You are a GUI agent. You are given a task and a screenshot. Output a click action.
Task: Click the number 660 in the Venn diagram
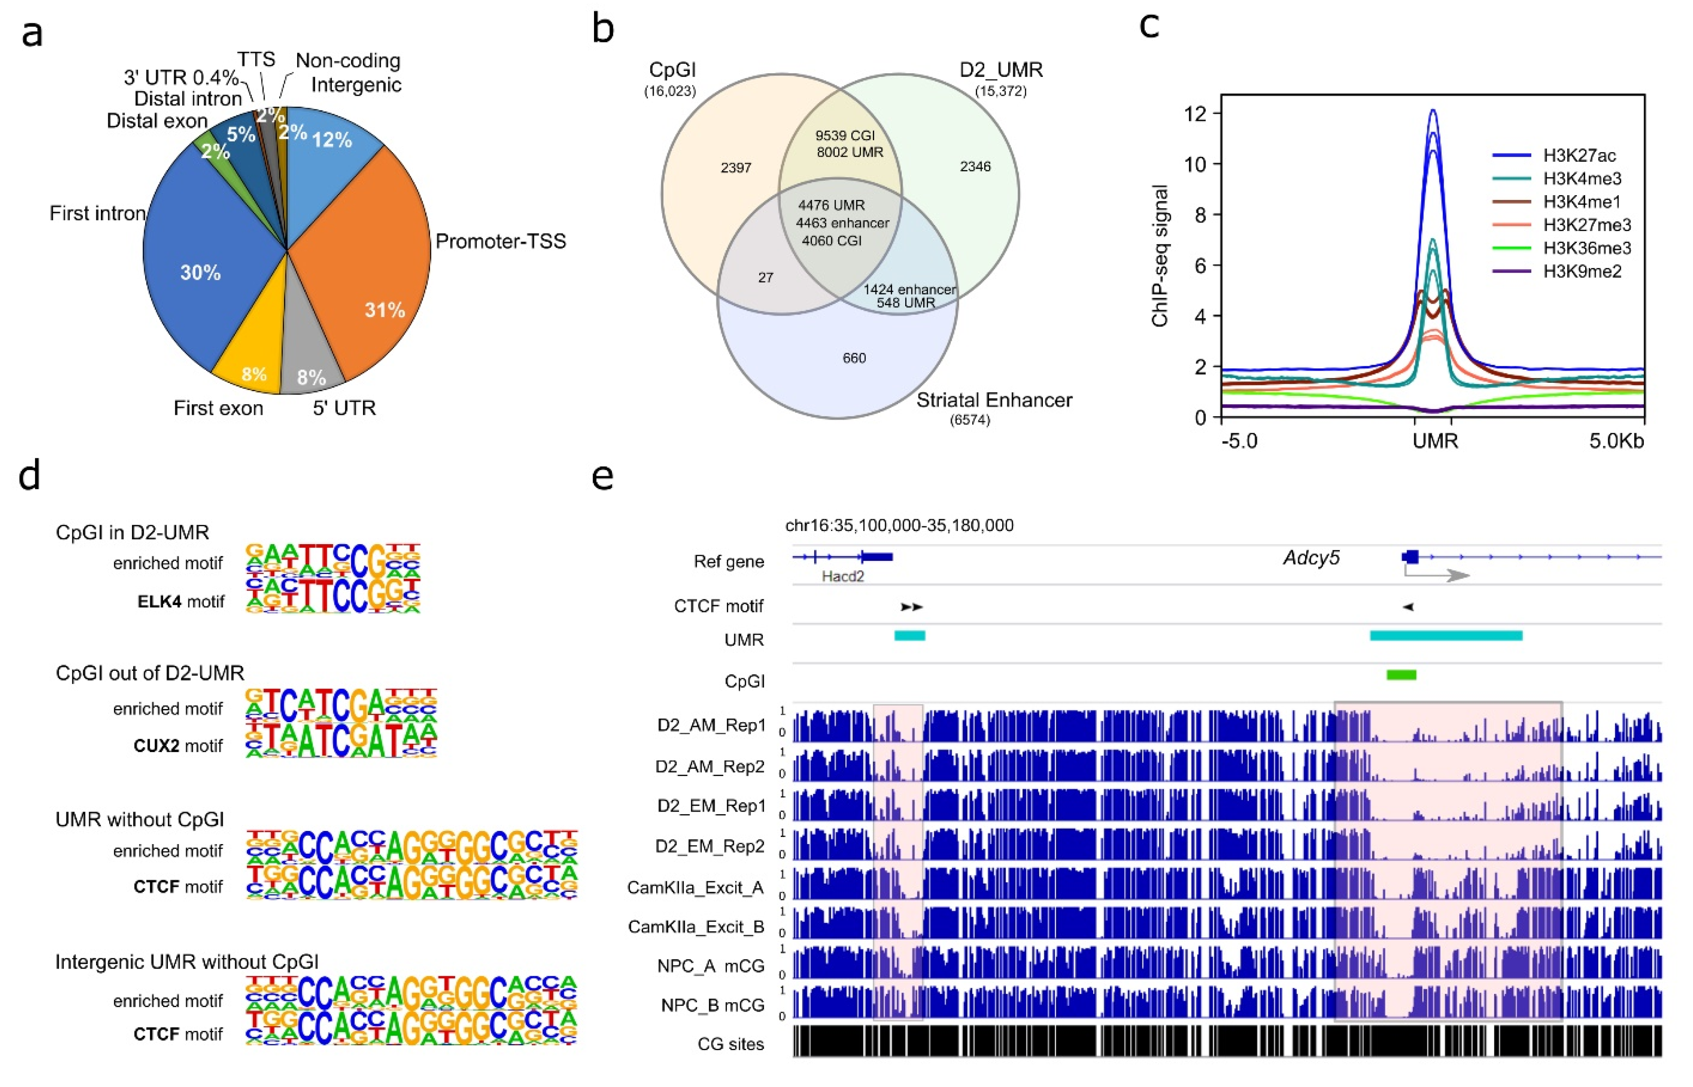(x=854, y=358)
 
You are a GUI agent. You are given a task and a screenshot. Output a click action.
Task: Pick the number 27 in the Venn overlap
(x=766, y=278)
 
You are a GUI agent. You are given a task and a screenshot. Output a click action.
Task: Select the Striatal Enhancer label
(x=994, y=400)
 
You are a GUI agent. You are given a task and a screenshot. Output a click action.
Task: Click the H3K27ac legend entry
(x=1578, y=155)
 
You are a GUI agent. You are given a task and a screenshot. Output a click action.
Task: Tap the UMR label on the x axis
(x=1435, y=441)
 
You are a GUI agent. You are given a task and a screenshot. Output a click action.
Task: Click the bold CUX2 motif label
(x=156, y=746)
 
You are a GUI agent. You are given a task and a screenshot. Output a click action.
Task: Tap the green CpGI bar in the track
(x=1401, y=675)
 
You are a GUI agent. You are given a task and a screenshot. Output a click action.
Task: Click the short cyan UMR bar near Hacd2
(x=910, y=636)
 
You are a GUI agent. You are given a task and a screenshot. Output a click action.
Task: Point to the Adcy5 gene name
(x=1310, y=558)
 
